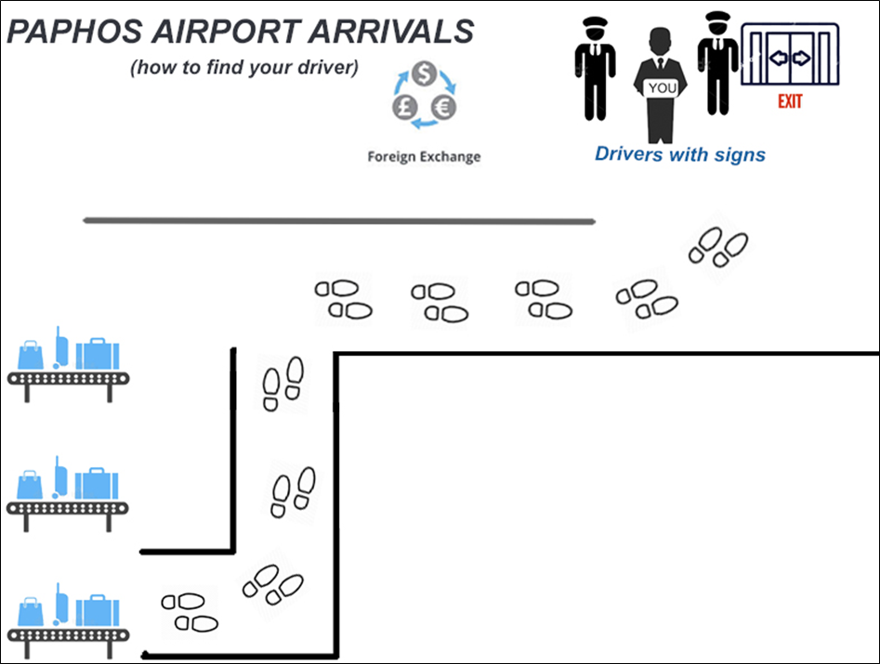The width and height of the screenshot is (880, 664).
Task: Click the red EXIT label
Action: click(x=790, y=101)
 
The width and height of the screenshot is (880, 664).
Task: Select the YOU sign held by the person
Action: click(x=663, y=88)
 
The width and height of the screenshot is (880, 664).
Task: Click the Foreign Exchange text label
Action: click(x=424, y=156)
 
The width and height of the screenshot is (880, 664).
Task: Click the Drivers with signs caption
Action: click(x=680, y=153)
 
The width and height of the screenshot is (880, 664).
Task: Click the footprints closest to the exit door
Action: click(x=717, y=247)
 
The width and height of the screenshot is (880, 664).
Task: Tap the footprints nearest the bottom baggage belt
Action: click(x=190, y=612)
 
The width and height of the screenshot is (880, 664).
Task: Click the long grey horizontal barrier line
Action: click(x=339, y=221)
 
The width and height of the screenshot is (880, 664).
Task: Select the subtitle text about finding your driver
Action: click(x=244, y=69)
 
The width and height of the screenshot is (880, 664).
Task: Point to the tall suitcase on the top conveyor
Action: click(x=62, y=348)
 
